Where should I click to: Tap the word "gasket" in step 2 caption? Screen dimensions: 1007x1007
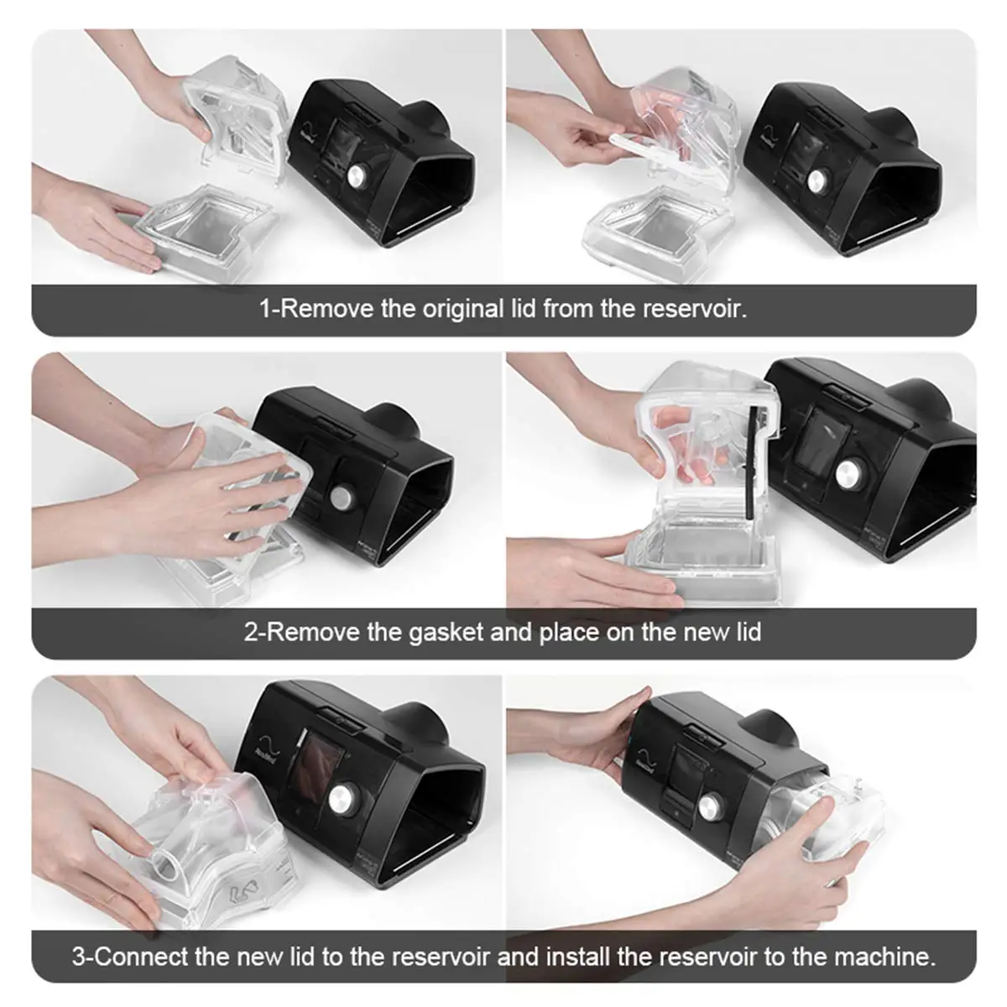[x=446, y=632]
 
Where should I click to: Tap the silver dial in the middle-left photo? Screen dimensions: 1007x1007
[x=342, y=495]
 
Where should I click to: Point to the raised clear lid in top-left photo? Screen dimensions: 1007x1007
[x=237, y=121]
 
